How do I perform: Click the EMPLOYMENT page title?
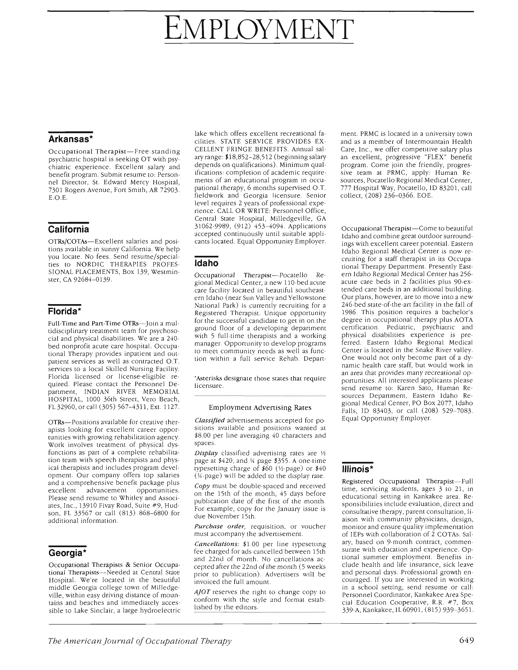click(x=259, y=30)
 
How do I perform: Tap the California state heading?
click(x=69, y=229)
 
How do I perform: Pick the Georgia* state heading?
click(x=67, y=553)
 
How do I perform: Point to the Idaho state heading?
click(x=207, y=263)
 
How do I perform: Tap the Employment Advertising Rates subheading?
click(x=260, y=407)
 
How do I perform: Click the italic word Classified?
click(x=210, y=420)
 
